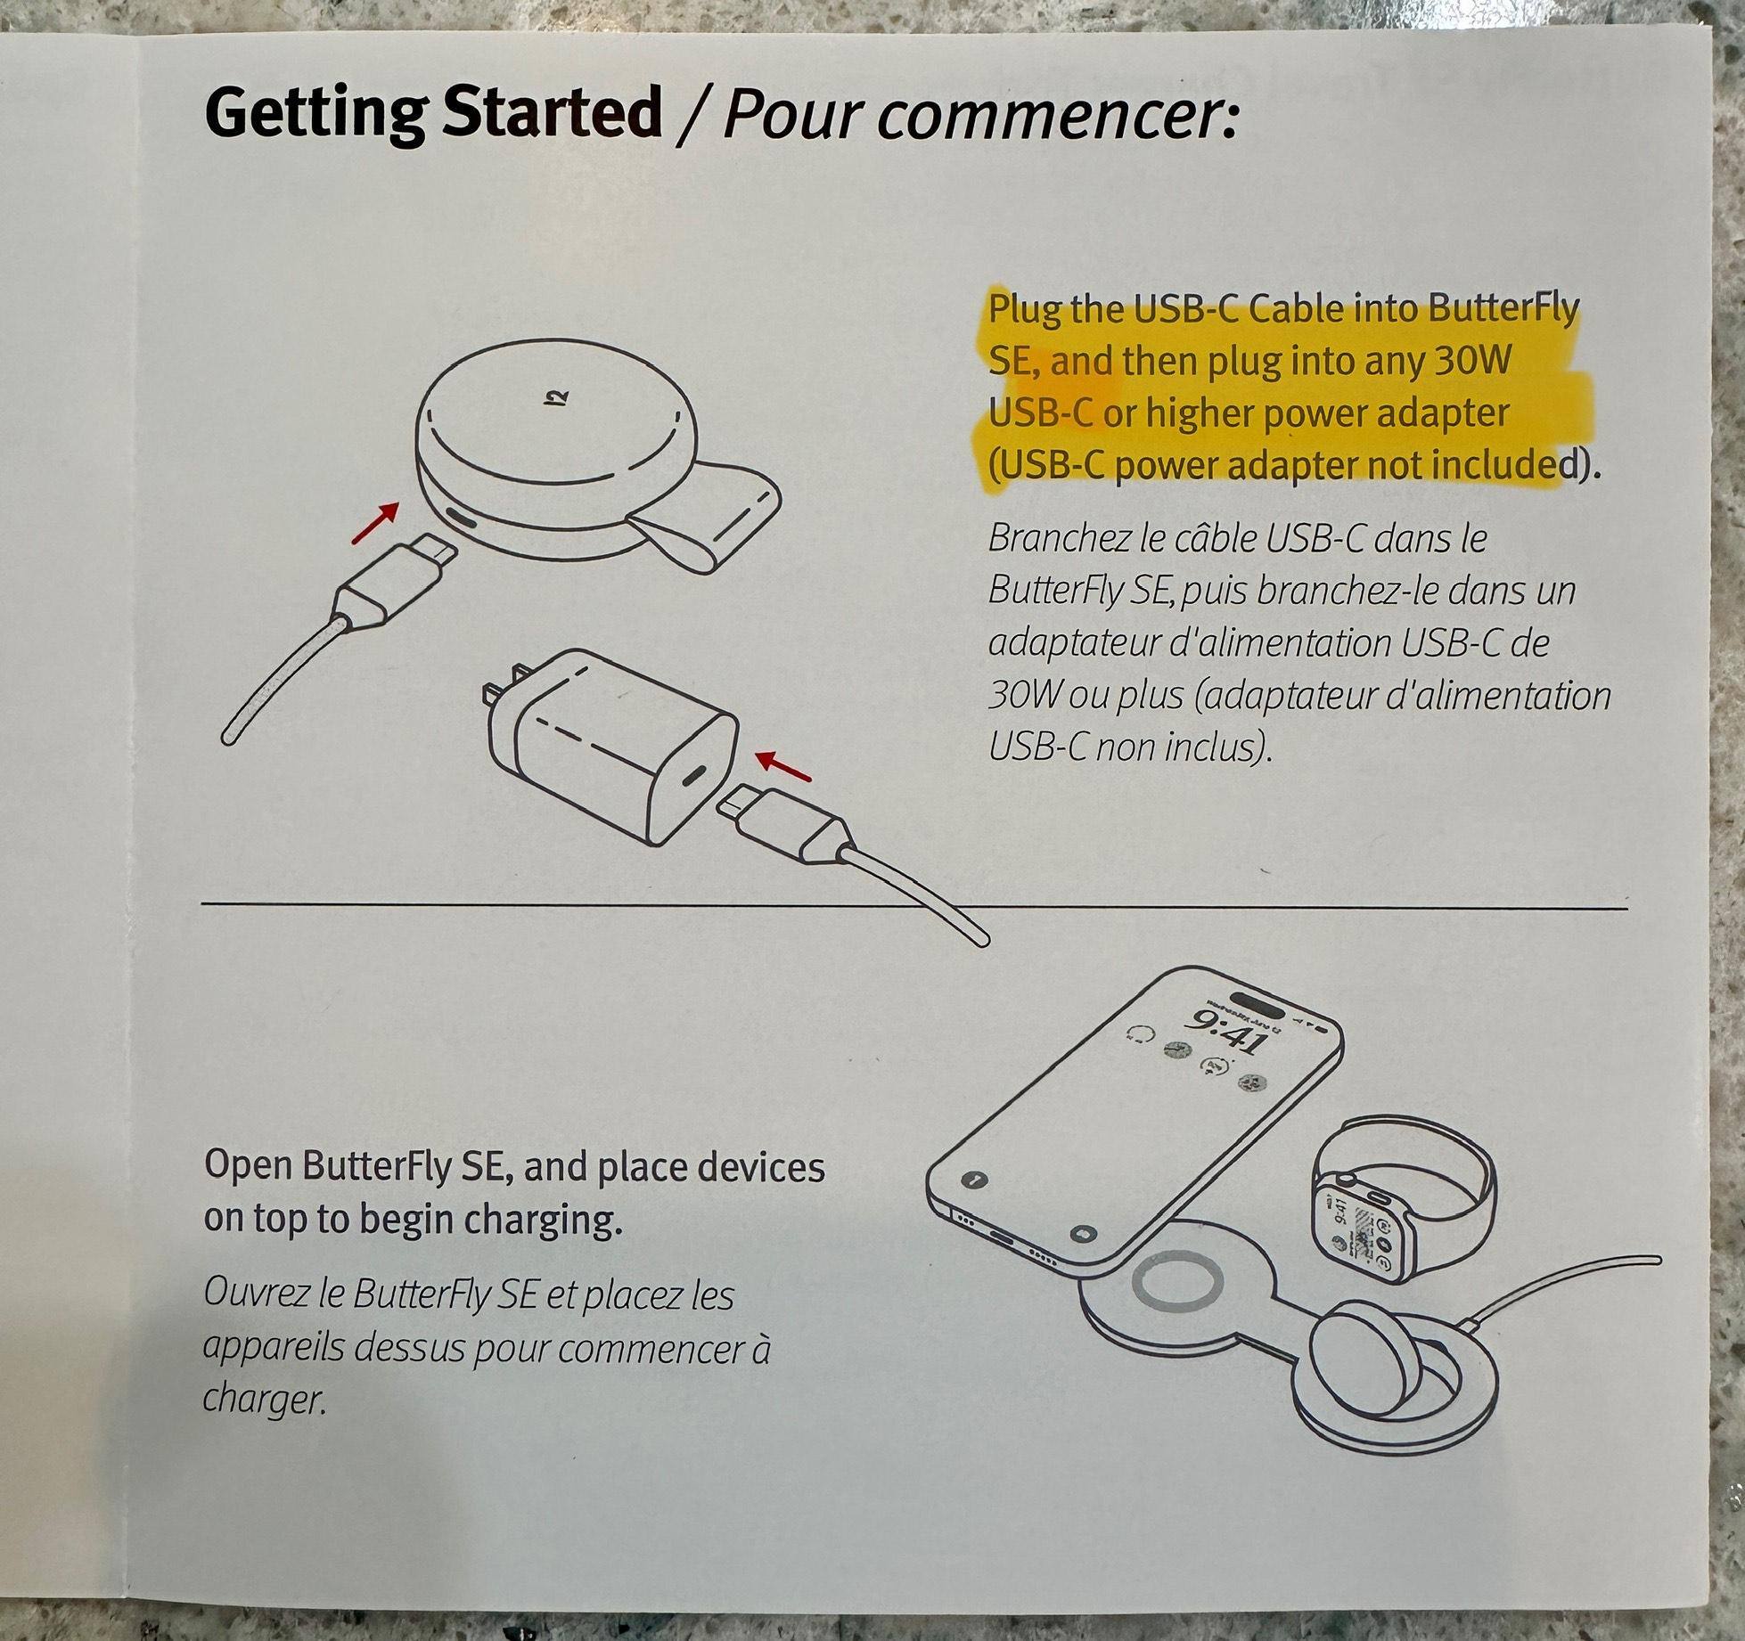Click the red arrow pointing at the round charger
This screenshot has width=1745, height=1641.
point(374,521)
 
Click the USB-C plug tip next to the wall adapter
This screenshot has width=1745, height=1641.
point(736,809)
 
